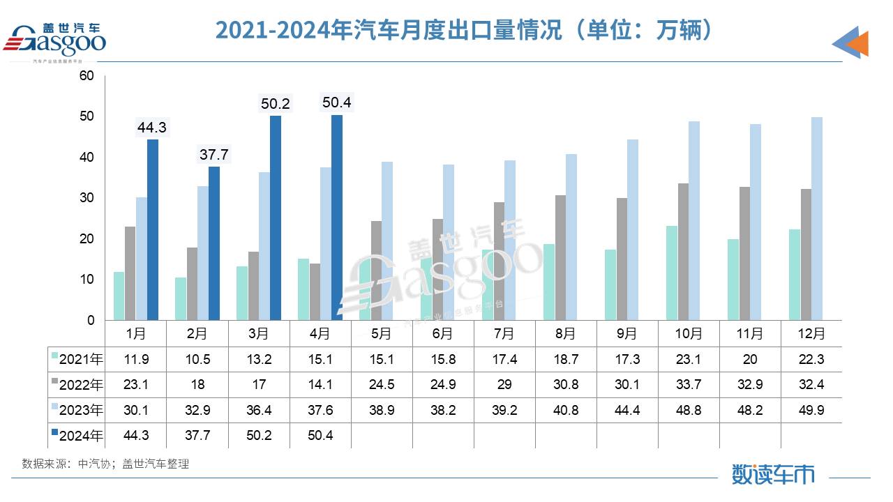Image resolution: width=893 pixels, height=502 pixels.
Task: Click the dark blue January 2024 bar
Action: pos(152,230)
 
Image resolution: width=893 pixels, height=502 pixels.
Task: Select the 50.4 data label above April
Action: pos(336,102)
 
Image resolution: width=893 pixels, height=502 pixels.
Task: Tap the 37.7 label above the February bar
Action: pos(214,155)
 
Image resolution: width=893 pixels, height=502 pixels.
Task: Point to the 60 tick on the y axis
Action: pos(87,75)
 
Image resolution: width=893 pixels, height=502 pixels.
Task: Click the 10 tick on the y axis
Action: pos(87,280)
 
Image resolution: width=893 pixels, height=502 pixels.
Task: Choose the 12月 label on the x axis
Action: pos(811,334)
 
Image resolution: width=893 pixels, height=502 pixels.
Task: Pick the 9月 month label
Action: pos(626,334)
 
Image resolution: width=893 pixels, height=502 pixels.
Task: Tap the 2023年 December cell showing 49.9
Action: pos(811,410)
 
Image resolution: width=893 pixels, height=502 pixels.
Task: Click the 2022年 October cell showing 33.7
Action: pos(688,385)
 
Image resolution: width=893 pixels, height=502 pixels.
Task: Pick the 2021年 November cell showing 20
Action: pos(749,360)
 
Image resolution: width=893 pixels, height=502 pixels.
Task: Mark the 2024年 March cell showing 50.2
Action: pos(258,436)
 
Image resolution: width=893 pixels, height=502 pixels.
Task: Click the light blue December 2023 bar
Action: pos(817,219)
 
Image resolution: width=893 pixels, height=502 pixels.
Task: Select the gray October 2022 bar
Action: pos(683,252)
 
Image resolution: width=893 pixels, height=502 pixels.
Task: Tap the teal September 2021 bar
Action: pos(610,284)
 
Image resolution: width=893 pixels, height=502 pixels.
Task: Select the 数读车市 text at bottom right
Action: pos(773,474)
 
